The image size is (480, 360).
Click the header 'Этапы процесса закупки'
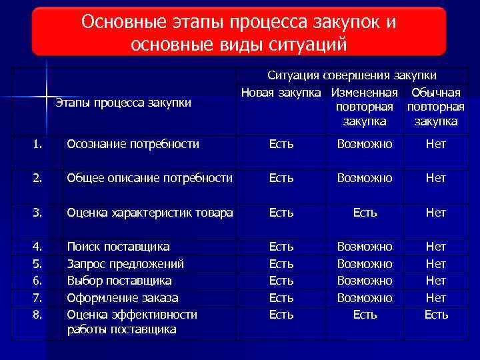click(123, 103)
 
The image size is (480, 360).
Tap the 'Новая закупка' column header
click(281, 92)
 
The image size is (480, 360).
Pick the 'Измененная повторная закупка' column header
click(365, 107)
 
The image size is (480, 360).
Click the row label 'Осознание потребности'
click(133, 144)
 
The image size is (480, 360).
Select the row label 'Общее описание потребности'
click(149, 178)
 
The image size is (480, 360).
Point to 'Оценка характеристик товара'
click(149, 213)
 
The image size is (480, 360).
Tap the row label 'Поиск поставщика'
click(119, 247)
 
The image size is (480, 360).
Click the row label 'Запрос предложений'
click(125, 263)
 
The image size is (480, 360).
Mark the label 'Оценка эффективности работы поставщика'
click(132, 321)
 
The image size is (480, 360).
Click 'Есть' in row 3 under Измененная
click(365, 213)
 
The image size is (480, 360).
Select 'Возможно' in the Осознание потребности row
click(365, 144)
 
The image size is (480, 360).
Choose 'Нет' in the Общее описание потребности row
click(436, 178)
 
